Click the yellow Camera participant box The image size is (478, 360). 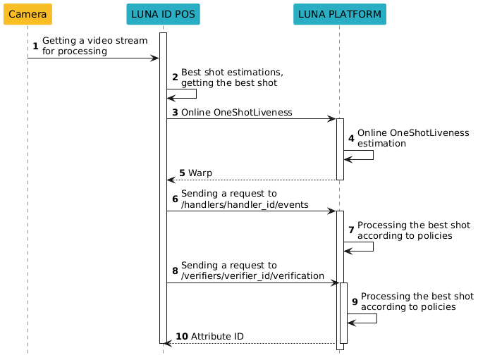(x=27, y=14)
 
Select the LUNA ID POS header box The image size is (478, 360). (x=163, y=14)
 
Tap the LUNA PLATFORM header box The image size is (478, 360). (x=339, y=14)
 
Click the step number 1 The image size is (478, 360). (x=35, y=46)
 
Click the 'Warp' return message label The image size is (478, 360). (x=200, y=173)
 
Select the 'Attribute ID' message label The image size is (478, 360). (x=217, y=336)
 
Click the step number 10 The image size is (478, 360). (x=182, y=336)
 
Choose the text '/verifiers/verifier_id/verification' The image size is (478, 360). (x=252, y=276)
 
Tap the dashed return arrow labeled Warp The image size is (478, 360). (x=251, y=180)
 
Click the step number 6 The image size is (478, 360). (x=175, y=199)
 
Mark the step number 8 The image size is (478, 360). (x=175, y=271)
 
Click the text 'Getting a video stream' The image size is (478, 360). (x=94, y=41)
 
